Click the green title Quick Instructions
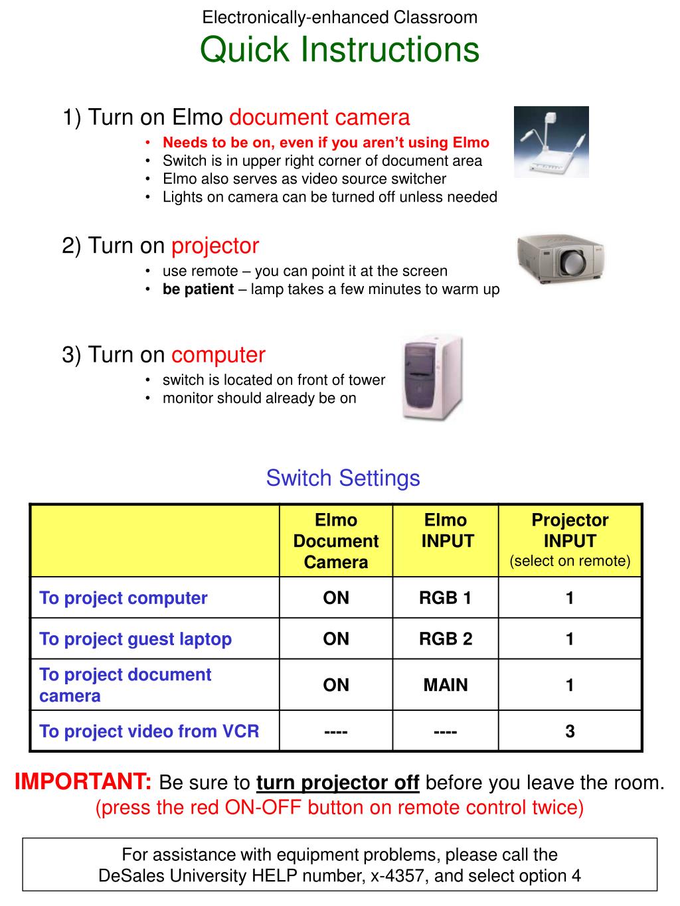(339, 50)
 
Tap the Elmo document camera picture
(551, 142)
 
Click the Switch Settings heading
(343, 478)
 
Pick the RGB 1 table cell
(445, 598)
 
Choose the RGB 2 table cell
(445, 639)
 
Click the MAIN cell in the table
(445, 685)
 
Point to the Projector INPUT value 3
(570, 731)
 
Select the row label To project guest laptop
(135, 639)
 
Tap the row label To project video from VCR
(149, 731)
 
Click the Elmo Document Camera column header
(336, 541)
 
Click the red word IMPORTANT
(84, 782)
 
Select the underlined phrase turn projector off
(337, 783)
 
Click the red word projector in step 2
(215, 246)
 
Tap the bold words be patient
(198, 289)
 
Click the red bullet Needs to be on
(325, 143)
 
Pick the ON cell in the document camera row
(336, 685)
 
